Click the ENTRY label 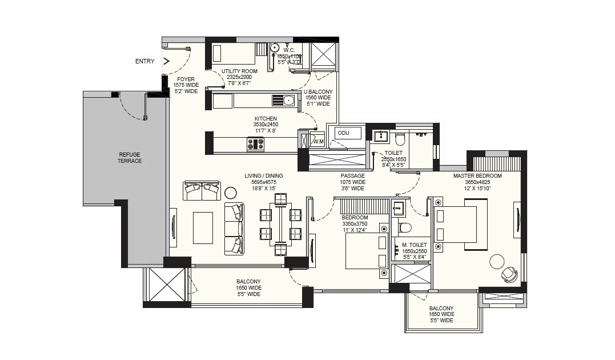click(x=144, y=61)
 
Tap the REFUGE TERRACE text click(x=130, y=158)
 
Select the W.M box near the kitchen click(x=318, y=141)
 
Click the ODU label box click(x=343, y=133)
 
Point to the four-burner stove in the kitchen click(x=255, y=145)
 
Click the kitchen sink click(x=288, y=101)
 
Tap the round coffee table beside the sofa click(x=231, y=192)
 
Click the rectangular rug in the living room click(x=203, y=227)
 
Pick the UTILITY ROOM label click(x=239, y=71)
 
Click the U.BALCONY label click(x=318, y=91)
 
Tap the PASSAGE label click(x=352, y=176)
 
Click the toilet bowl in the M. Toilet click(x=405, y=227)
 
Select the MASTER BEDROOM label click(x=477, y=176)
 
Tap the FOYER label click(x=186, y=79)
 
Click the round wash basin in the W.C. click(x=274, y=47)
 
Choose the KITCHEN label click(x=266, y=119)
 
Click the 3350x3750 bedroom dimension click(x=355, y=224)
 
